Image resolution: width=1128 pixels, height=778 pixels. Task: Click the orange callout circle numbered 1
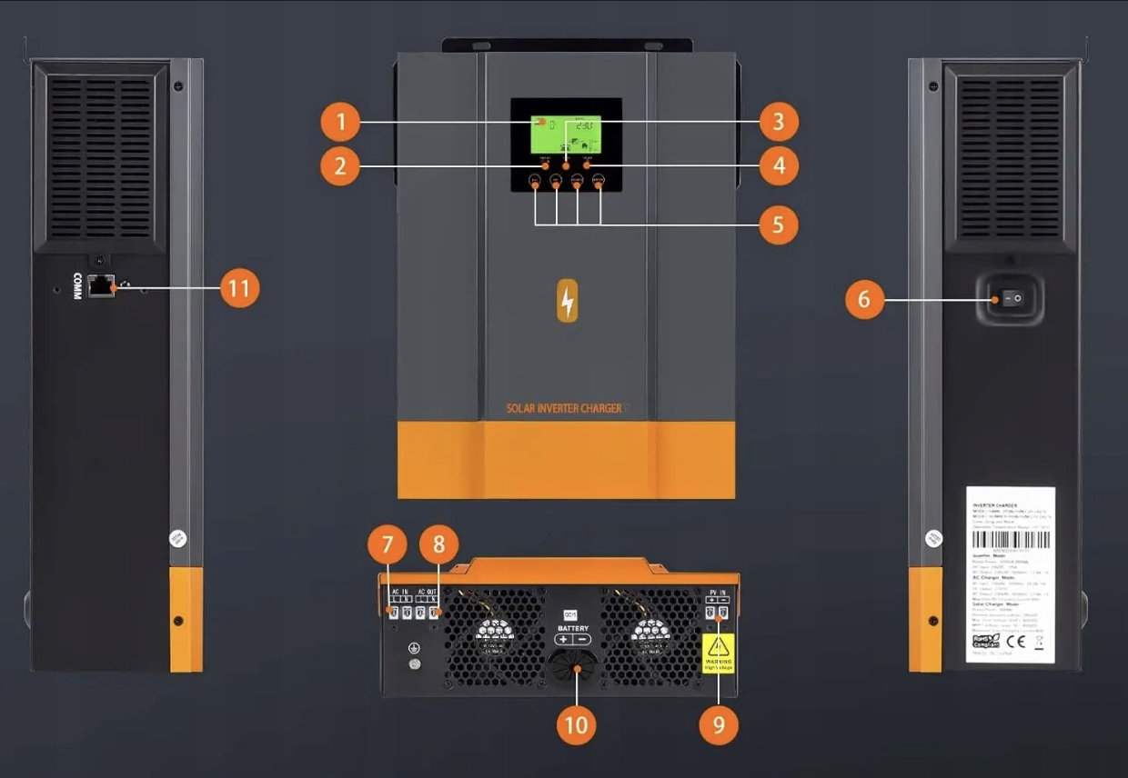(x=340, y=121)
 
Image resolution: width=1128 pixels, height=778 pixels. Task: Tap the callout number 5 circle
(x=779, y=224)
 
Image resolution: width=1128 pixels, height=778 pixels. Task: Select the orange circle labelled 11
(x=240, y=288)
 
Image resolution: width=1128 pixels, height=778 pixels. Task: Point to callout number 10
(x=576, y=725)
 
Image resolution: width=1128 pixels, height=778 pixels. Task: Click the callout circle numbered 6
(x=864, y=299)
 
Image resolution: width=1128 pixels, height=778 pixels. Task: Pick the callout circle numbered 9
(x=719, y=725)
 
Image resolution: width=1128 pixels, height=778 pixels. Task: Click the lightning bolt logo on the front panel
(x=567, y=300)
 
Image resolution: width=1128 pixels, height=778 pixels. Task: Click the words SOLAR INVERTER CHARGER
(x=564, y=409)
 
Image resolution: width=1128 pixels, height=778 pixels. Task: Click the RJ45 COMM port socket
(x=100, y=286)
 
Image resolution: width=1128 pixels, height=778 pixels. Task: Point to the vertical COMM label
(x=77, y=285)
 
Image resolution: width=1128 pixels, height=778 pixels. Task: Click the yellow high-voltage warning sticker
(x=719, y=653)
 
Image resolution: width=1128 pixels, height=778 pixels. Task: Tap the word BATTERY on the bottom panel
(x=573, y=628)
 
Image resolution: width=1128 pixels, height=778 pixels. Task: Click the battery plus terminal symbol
(x=563, y=640)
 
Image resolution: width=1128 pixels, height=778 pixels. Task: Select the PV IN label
(x=717, y=593)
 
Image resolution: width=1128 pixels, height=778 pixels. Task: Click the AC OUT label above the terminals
(x=428, y=593)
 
